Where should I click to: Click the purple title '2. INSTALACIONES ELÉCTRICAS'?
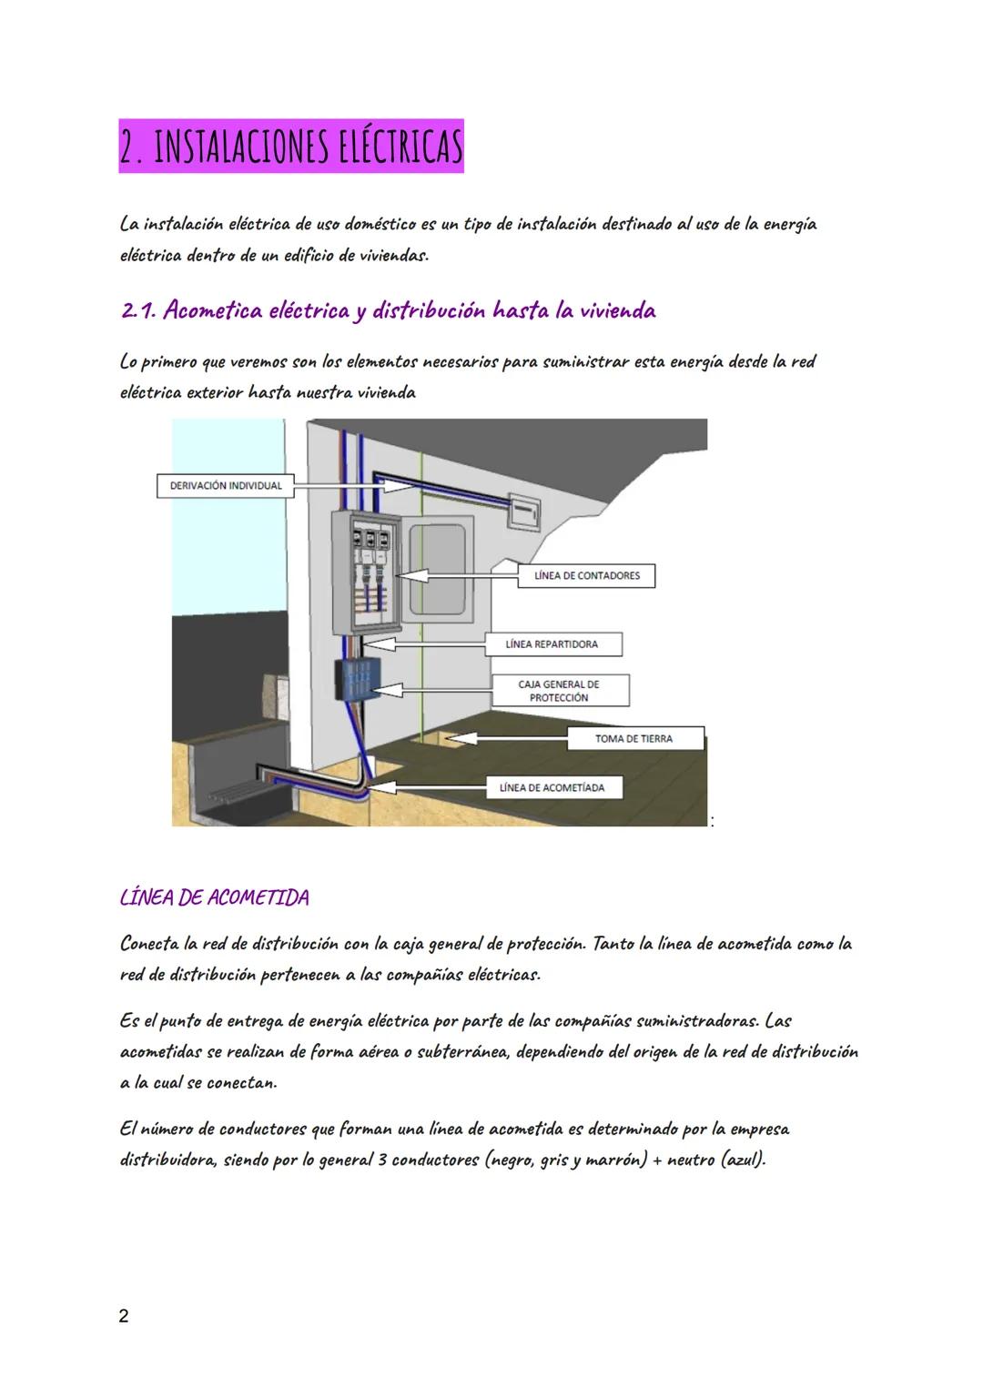pyautogui.click(x=291, y=146)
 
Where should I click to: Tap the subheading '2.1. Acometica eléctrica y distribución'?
pyautogui.click(x=303, y=309)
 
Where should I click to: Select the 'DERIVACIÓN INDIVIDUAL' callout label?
pyautogui.click(x=226, y=486)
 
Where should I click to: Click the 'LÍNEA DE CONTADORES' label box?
pyautogui.click(x=586, y=575)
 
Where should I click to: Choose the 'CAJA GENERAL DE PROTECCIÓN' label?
pyautogui.click(x=561, y=690)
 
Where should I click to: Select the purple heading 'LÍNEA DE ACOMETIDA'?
pyautogui.click(x=215, y=897)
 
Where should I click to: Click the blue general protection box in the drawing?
pyautogui.click(x=358, y=679)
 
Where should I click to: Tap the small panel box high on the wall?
pyautogui.click(x=523, y=512)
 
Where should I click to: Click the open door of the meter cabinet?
pyautogui.click(x=439, y=570)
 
